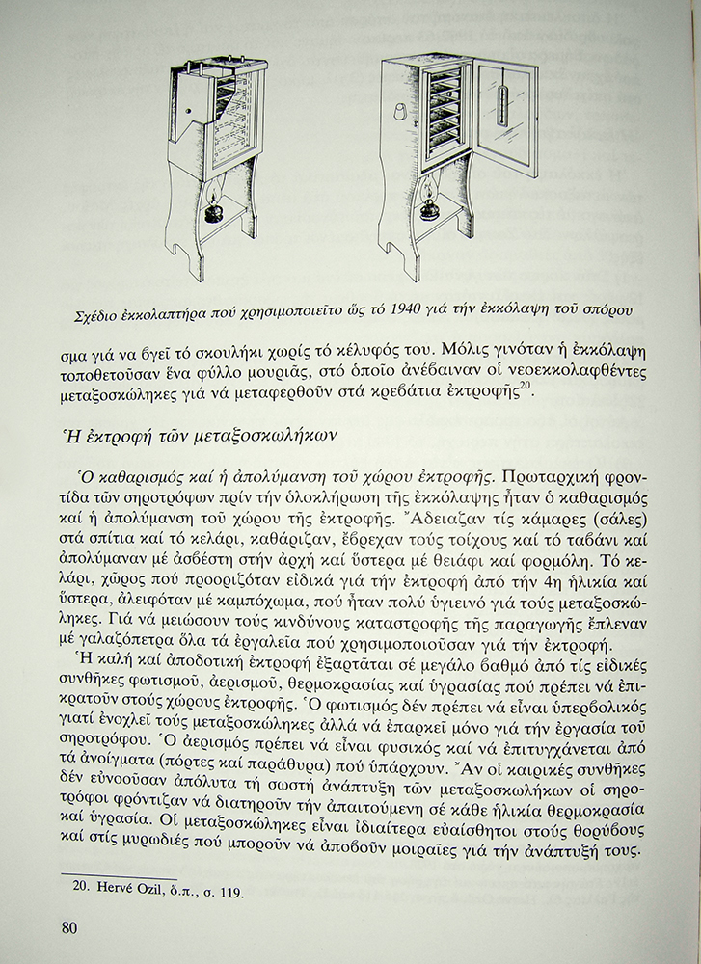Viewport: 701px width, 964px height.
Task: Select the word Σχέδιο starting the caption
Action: (x=101, y=311)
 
